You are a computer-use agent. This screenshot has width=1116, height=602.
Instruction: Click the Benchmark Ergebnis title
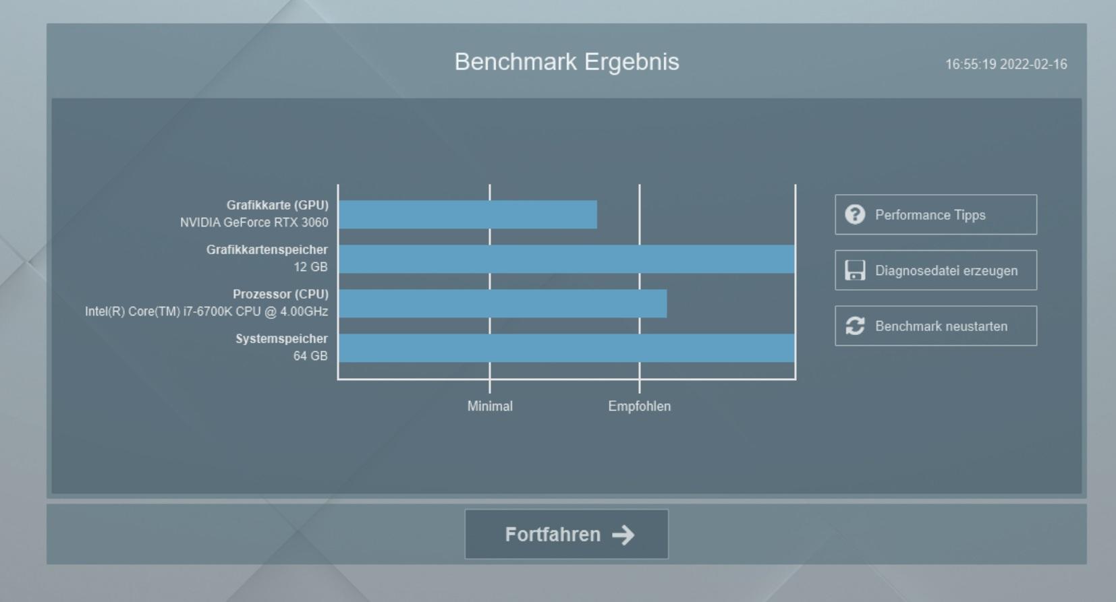[567, 62]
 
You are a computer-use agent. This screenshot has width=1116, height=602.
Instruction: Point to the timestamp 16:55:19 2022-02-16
[1007, 64]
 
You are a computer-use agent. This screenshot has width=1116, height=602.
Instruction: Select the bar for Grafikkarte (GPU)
[468, 214]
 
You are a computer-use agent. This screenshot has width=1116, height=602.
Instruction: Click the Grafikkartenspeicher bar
[567, 259]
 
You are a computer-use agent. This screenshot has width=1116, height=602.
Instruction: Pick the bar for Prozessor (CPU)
[503, 303]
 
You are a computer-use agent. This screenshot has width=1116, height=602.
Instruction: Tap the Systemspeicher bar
[567, 348]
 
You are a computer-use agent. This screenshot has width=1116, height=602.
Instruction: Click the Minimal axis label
[490, 407]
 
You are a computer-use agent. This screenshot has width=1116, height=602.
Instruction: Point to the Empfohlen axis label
[640, 407]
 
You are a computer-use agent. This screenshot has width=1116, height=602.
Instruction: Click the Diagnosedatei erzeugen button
[936, 270]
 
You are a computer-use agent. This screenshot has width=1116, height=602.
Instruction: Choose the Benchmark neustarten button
[936, 326]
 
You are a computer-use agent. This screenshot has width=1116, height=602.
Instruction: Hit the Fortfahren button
[567, 535]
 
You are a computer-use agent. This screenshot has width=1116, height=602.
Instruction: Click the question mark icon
[855, 214]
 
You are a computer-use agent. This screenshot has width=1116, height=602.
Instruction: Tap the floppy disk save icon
[855, 270]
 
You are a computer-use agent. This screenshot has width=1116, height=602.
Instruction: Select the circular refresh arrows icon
[855, 326]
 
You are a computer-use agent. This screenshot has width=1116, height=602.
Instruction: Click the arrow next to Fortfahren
[623, 535]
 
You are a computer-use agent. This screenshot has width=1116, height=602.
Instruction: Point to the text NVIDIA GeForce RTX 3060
[254, 222]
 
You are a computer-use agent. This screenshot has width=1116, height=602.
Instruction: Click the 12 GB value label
[310, 268]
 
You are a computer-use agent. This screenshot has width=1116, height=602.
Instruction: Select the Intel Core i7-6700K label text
[206, 311]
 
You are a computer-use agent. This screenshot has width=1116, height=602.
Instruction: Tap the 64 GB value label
[310, 356]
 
